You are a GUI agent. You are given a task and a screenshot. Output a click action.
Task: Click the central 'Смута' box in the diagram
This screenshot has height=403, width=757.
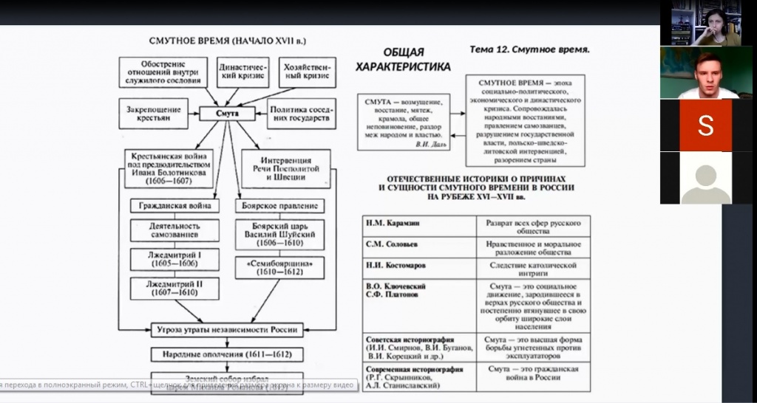coord(227,113)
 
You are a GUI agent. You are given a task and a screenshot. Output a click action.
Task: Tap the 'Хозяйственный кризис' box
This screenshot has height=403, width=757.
coord(308,71)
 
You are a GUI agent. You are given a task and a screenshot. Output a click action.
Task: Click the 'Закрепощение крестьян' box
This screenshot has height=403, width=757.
coord(154,113)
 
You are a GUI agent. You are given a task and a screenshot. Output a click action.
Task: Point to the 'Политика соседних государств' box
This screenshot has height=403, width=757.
coord(301,113)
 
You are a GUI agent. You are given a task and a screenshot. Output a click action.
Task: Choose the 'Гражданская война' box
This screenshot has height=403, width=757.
coord(174,206)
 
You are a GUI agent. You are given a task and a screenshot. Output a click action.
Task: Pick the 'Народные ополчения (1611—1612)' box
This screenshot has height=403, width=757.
coord(227,354)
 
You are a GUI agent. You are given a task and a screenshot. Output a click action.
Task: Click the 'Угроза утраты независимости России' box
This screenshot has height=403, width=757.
coord(227,330)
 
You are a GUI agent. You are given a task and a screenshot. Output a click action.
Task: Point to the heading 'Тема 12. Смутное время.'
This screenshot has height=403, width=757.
coord(529,49)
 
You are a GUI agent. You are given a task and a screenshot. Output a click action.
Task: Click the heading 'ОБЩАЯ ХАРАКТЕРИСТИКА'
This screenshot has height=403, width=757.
coord(403,59)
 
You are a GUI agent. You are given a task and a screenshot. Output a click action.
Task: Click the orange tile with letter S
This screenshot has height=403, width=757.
coord(705,125)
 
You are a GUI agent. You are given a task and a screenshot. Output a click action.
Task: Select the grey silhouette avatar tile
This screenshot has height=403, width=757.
coord(705,179)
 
